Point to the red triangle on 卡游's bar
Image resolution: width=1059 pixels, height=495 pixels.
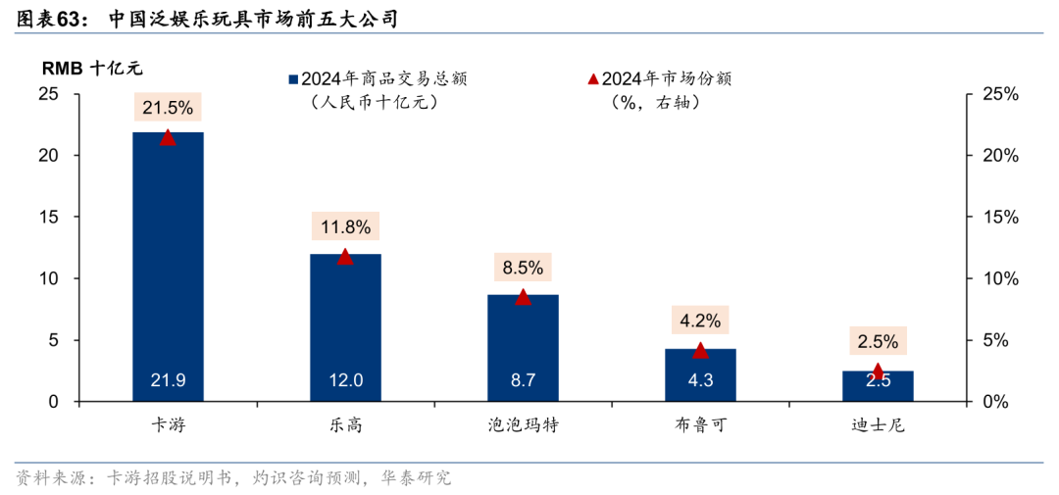[168, 138]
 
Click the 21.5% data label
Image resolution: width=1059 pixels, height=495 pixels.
[168, 108]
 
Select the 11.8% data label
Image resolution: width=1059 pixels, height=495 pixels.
[345, 227]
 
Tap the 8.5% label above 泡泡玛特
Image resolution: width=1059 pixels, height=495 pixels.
[523, 268]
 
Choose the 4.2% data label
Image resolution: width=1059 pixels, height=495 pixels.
[700, 321]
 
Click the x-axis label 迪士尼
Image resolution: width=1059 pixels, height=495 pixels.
[878, 426]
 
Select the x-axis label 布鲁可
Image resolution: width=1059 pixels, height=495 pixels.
[700, 426]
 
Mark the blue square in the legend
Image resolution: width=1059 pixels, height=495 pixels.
[292, 79]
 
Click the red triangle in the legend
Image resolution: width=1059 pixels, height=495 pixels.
[592, 78]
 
